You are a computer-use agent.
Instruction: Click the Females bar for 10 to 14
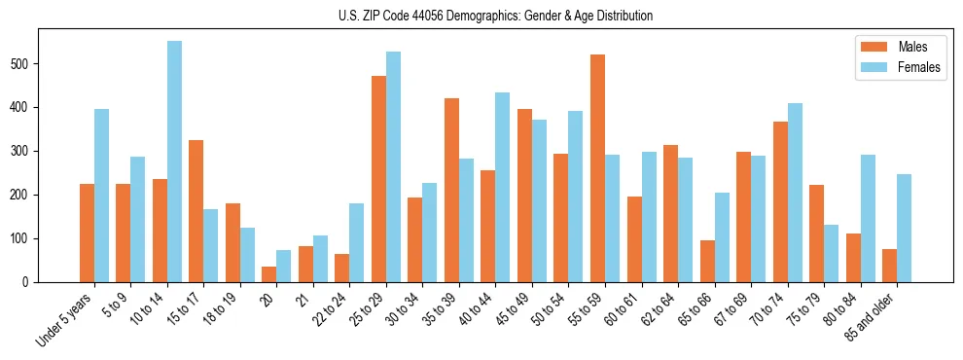174,162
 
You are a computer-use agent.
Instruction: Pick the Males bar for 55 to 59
597,168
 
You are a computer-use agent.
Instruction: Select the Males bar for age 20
268,274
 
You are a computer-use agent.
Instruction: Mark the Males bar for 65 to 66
707,262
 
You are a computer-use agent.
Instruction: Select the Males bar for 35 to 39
451,191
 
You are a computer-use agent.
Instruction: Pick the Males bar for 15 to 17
196,211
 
